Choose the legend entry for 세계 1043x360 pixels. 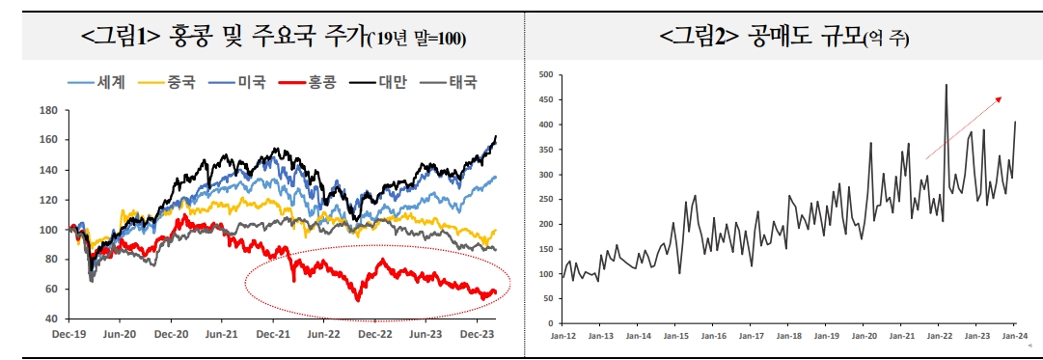point(111,82)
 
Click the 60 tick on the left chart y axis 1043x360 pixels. point(54,290)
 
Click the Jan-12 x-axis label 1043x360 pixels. point(563,336)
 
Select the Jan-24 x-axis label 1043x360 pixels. point(1015,336)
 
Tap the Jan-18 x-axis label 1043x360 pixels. point(788,336)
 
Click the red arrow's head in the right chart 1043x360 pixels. point(999,97)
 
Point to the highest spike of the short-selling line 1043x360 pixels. point(946,85)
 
